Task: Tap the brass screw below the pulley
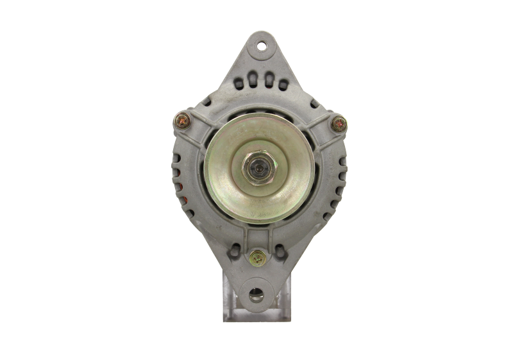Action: (258, 258)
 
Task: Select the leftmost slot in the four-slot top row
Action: (240, 81)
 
